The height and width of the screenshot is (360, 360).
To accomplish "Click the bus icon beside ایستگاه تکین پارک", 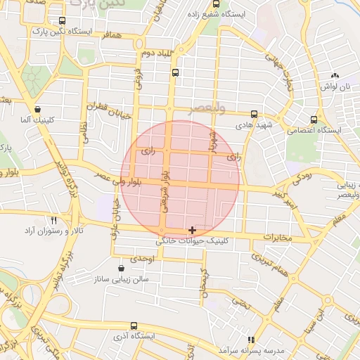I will (x=63, y=21).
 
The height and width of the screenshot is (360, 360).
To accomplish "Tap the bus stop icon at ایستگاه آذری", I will (x=134, y=326).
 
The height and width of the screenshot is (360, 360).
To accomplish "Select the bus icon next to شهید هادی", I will (x=254, y=114).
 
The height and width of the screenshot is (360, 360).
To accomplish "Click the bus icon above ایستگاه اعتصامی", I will (x=314, y=119).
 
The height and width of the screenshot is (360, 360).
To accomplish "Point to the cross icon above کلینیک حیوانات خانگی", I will (x=193, y=230).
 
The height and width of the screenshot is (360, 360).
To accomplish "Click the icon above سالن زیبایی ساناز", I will (x=122, y=269).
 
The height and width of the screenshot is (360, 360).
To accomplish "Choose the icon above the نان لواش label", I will (x=335, y=75).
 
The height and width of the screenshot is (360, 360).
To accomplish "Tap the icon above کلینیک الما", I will (x=37, y=110).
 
